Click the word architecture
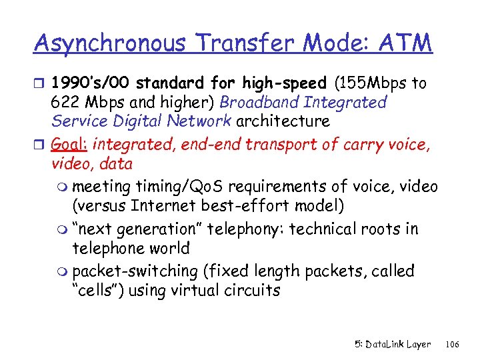(x=283, y=121)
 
